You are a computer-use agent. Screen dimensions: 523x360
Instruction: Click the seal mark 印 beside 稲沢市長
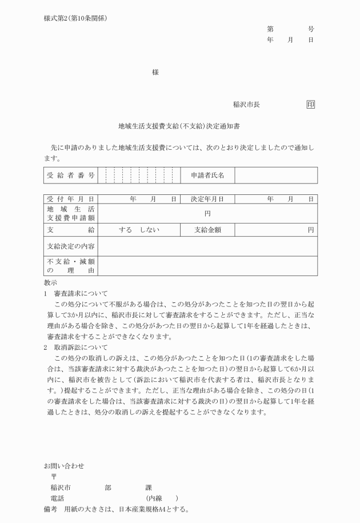tap(310, 105)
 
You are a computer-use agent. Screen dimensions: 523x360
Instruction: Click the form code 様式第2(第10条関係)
tap(75, 18)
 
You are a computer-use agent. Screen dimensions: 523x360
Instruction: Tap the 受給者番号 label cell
tap(70, 175)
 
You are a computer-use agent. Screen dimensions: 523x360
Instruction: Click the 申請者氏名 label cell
tap(207, 175)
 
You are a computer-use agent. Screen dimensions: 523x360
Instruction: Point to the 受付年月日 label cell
tap(70, 199)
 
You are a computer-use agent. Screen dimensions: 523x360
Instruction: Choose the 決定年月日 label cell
tap(207, 199)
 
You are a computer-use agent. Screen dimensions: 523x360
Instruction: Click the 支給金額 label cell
tap(207, 230)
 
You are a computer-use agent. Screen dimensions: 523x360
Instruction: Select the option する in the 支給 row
tap(125, 230)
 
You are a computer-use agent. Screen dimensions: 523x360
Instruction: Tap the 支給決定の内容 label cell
tap(70, 247)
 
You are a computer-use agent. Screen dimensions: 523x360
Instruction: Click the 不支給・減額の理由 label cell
tap(70, 265)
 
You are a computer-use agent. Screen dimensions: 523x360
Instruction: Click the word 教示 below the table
tap(50, 282)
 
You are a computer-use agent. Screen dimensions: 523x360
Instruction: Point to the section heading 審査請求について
tap(81, 293)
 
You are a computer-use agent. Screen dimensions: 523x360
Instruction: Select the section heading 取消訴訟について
tap(81, 347)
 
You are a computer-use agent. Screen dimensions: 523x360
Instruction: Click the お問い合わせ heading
tap(63, 466)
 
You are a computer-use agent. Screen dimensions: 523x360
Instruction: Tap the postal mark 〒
tap(54, 477)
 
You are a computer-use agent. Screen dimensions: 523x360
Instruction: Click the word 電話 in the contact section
tap(57, 498)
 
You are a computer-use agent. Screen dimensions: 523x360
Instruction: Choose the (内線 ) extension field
tap(162, 498)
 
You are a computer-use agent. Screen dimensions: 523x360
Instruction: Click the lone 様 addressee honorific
tap(155, 73)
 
